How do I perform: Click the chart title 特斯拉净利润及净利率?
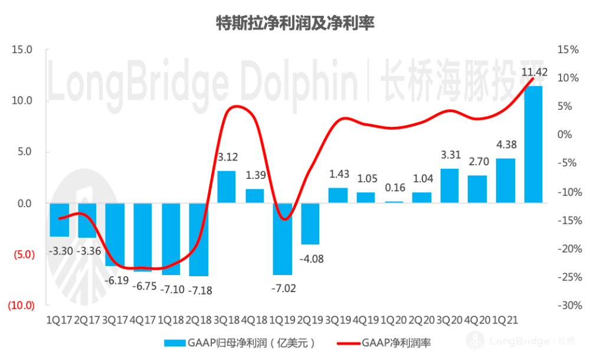pos(294,23)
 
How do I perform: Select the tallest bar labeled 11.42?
pos(533,145)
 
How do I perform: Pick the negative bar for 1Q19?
pos(282,239)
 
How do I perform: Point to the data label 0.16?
pos(394,188)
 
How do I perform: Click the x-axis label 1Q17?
pos(60,320)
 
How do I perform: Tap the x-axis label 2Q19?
pos(310,320)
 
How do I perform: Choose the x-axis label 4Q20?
pos(477,320)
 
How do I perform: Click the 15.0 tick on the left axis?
pos(22,50)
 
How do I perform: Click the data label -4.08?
pos(311,258)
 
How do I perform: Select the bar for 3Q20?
pos(450,186)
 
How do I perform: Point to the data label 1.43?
pos(339,175)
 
